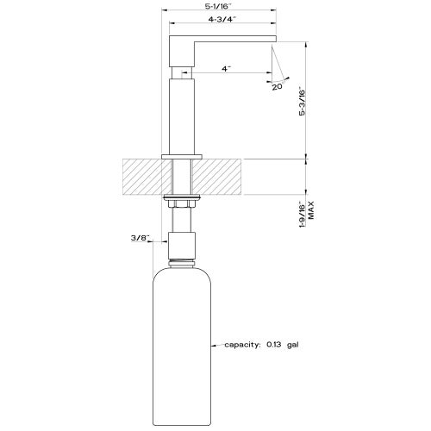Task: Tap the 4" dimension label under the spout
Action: click(x=225, y=67)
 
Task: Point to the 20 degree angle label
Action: click(x=277, y=87)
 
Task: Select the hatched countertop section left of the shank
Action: click(x=142, y=178)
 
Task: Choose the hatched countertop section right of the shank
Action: click(x=219, y=178)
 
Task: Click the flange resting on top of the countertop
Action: click(x=181, y=156)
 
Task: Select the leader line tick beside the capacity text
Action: click(x=215, y=345)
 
